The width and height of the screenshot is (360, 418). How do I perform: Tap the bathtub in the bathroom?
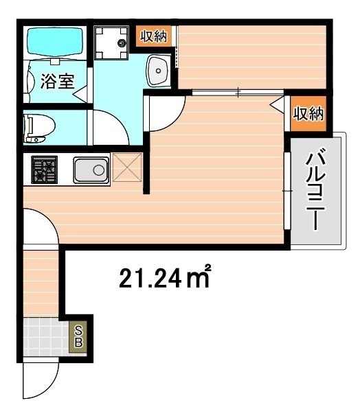pos(54,44)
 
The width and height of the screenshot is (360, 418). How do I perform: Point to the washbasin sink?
pos(159,70)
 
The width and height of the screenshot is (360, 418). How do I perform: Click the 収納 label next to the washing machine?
pos(153,37)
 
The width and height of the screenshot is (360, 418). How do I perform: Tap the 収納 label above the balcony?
pos(308,114)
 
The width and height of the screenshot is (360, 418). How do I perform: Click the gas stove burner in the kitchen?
pos(44,170)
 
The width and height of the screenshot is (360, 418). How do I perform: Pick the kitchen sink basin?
pos(91,170)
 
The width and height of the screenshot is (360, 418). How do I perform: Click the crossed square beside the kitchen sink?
pos(126,168)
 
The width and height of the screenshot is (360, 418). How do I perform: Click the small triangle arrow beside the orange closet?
pos(278,105)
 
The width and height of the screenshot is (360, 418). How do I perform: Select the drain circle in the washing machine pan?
pos(122,43)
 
